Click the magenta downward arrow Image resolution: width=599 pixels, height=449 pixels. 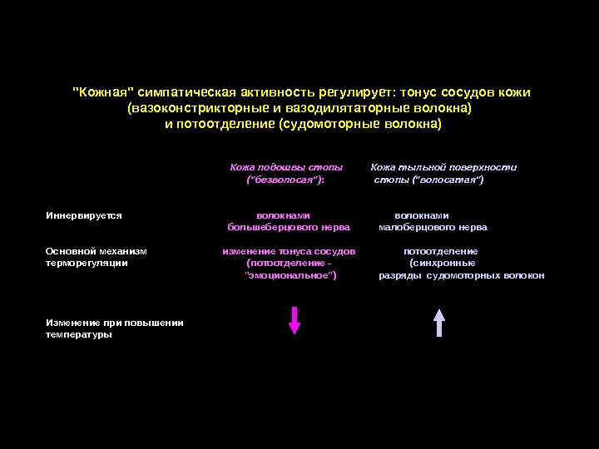(x=294, y=320)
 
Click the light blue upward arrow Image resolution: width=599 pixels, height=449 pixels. (x=439, y=321)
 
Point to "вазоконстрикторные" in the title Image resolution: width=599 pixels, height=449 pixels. (x=192, y=108)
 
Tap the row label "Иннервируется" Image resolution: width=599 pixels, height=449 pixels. (x=84, y=215)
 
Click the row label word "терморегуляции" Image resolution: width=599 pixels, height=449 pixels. (x=87, y=263)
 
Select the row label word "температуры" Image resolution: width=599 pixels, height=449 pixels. (x=79, y=334)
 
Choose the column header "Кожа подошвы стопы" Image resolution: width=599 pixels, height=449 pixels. (x=286, y=167)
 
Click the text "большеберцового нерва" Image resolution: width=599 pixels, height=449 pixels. (x=289, y=227)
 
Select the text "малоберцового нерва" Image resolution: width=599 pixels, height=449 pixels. (x=433, y=227)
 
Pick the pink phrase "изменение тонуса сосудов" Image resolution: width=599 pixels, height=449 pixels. (x=289, y=251)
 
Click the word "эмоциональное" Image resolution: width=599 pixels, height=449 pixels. (x=290, y=275)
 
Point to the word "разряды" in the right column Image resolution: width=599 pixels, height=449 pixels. (x=400, y=275)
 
